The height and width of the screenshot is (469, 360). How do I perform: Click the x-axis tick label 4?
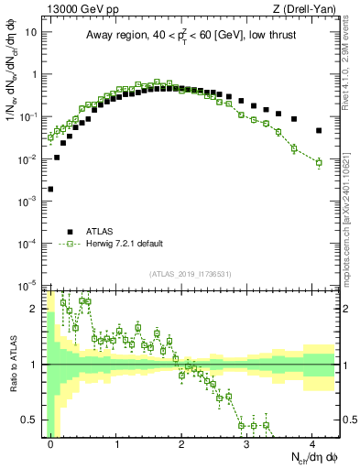coord(312,443)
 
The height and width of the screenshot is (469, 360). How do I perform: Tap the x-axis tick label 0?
coord(51,443)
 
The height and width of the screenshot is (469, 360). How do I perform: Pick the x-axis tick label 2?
coord(181,443)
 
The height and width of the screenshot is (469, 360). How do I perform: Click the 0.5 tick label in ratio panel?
coord(31,420)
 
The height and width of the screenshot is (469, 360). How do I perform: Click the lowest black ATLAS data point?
coord(50,190)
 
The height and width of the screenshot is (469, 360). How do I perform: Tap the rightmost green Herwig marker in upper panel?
coord(319,163)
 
